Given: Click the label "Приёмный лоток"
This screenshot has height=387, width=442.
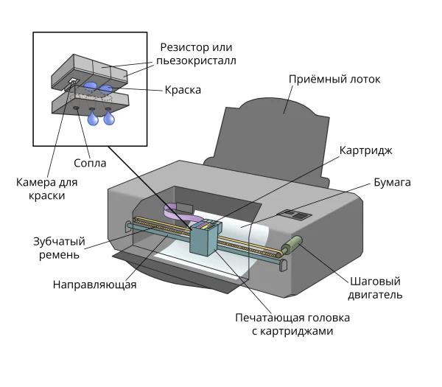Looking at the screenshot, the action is [x=334, y=80].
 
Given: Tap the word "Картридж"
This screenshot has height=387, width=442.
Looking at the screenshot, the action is [x=365, y=150].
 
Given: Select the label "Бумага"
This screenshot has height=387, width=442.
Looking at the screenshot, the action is [x=392, y=182].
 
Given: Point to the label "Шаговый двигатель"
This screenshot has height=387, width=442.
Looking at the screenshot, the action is [x=375, y=288].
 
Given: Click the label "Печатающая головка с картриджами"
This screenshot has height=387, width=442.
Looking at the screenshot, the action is [x=292, y=324].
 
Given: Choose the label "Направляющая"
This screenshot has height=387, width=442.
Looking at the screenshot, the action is [x=95, y=285].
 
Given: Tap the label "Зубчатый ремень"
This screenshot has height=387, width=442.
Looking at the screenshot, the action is [x=59, y=248].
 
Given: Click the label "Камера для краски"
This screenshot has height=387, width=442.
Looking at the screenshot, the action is [x=47, y=189].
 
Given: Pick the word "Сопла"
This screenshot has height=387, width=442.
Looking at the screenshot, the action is [x=90, y=163].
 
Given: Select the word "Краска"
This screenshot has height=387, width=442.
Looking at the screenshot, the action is [x=183, y=90].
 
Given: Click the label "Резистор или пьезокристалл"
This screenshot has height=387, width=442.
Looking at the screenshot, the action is [x=196, y=54].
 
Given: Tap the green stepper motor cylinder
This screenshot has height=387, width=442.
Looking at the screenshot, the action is [x=292, y=245].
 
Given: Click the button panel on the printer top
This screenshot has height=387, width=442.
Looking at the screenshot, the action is [x=295, y=215].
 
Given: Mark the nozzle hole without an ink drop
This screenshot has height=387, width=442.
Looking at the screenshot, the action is [x=76, y=108].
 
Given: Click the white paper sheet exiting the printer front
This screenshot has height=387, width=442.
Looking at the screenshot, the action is [x=197, y=264].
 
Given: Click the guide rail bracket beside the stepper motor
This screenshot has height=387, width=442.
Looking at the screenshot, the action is [x=284, y=265].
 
